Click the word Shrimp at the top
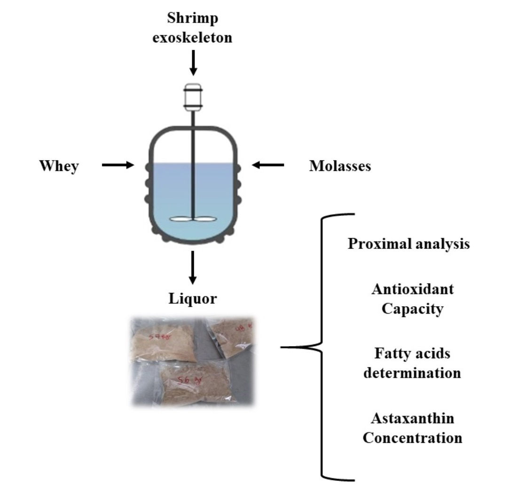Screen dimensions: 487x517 click(193, 20)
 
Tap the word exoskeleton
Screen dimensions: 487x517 click(193, 38)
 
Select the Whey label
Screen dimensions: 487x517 click(59, 166)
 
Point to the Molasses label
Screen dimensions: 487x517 click(340, 166)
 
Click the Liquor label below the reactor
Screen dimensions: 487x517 click(193, 298)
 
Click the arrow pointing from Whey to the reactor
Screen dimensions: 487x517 click(118, 165)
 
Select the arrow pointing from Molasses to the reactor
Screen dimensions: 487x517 click(268, 165)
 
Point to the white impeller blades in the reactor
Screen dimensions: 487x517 click(192, 219)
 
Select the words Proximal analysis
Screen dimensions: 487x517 click(408, 245)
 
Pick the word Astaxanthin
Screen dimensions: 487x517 click(412, 417)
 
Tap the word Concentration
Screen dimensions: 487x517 click(412, 438)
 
